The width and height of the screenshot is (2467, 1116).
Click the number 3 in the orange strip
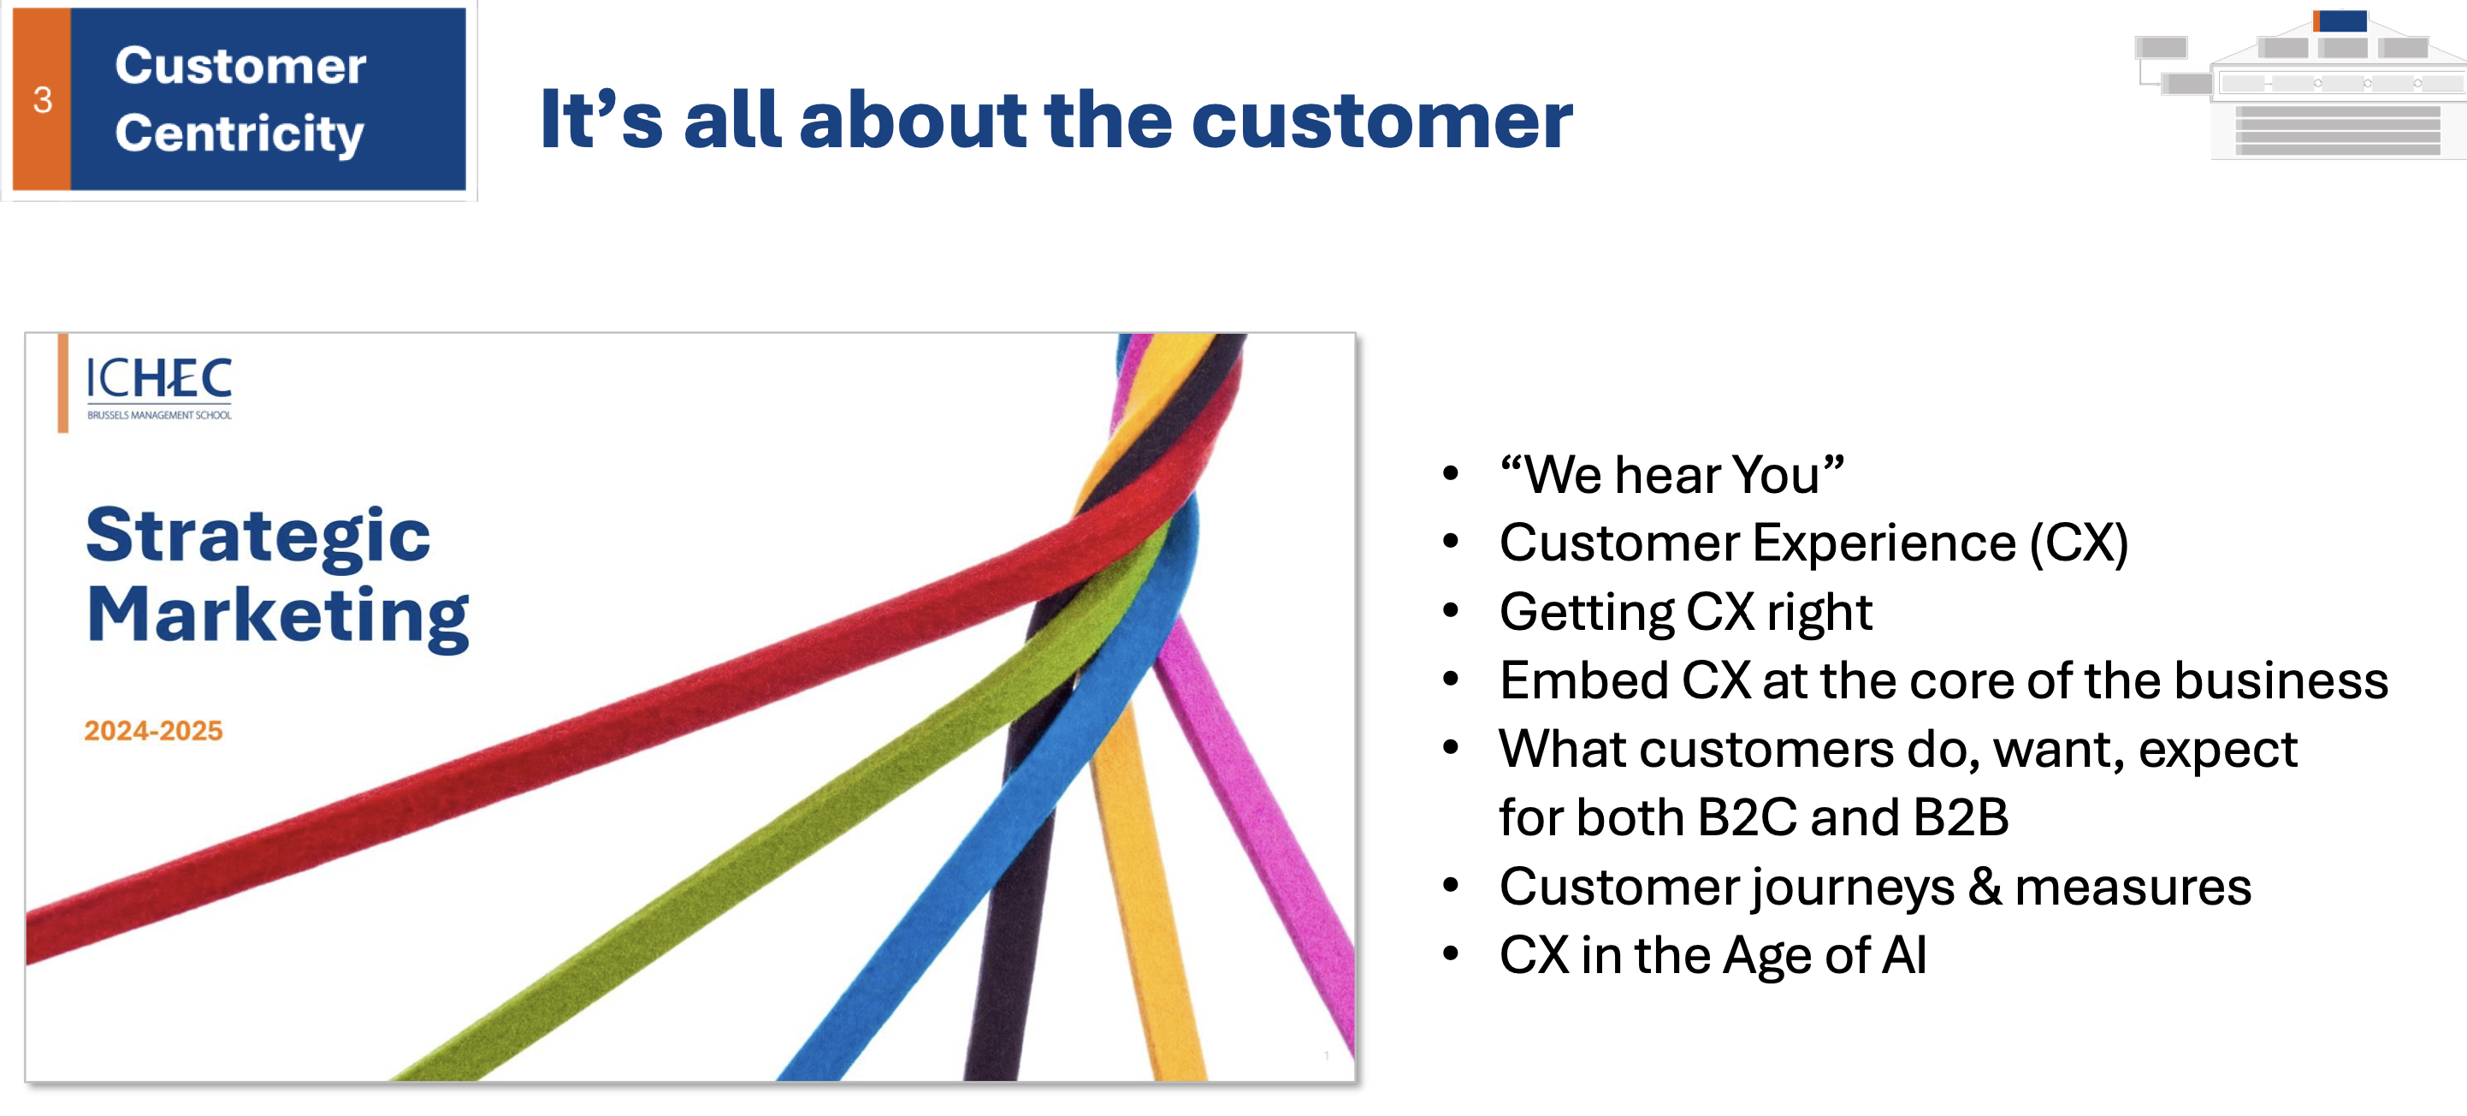pyautogui.click(x=42, y=99)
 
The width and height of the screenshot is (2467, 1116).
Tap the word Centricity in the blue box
pyautogui.click(x=240, y=134)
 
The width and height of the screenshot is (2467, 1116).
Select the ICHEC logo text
pyautogui.click(x=159, y=378)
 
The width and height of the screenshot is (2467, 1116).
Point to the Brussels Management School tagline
pyautogui.click(x=159, y=415)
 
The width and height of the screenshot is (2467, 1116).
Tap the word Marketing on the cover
pyautogui.click(x=278, y=616)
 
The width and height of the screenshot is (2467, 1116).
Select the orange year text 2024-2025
pyautogui.click(x=153, y=731)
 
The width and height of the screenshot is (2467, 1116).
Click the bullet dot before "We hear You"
pyautogui.click(x=1451, y=473)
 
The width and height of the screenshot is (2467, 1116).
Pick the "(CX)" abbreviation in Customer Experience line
pyautogui.click(x=2079, y=544)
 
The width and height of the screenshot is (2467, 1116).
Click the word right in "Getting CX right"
pyautogui.click(x=1819, y=613)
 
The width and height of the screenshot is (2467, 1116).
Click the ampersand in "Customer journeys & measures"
pyautogui.click(x=1985, y=886)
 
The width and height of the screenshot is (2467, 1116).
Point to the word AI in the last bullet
pyautogui.click(x=1904, y=955)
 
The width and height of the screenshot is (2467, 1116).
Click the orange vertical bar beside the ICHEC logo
pyautogui.click(x=63, y=383)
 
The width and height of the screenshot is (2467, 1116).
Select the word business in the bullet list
pyautogui.click(x=2281, y=680)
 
